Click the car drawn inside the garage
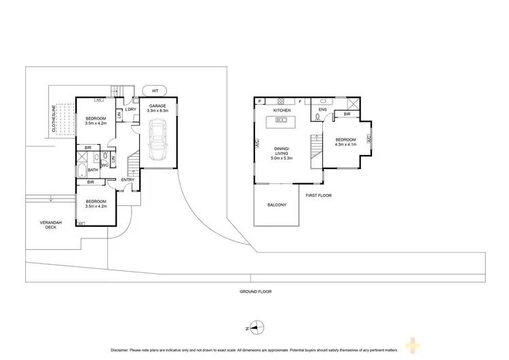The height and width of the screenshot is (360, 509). click(157, 139)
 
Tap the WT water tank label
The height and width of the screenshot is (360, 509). click(155, 90)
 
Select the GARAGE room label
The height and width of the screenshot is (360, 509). click(157, 105)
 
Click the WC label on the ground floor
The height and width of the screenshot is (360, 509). click(105, 165)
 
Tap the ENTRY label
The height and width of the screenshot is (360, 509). click(128, 180)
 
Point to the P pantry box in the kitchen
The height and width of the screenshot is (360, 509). click(260, 102)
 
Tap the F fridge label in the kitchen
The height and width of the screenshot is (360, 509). click(300, 102)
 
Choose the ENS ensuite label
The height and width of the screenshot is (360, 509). click(323, 110)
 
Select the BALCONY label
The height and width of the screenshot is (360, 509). click(276, 205)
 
